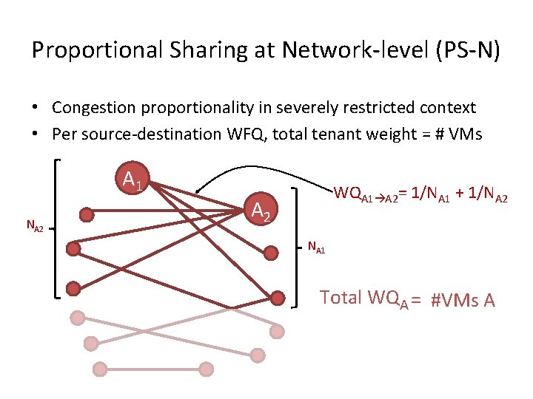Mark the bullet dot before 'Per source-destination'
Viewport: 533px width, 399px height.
(x=36, y=134)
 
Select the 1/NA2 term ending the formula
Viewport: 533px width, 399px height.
(x=488, y=194)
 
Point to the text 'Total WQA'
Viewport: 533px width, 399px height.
(x=361, y=299)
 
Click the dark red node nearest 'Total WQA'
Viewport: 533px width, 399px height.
(x=277, y=298)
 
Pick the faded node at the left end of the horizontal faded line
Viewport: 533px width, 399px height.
(x=98, y=369)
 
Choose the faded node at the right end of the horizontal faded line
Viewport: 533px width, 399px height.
(x=206, y=369)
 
